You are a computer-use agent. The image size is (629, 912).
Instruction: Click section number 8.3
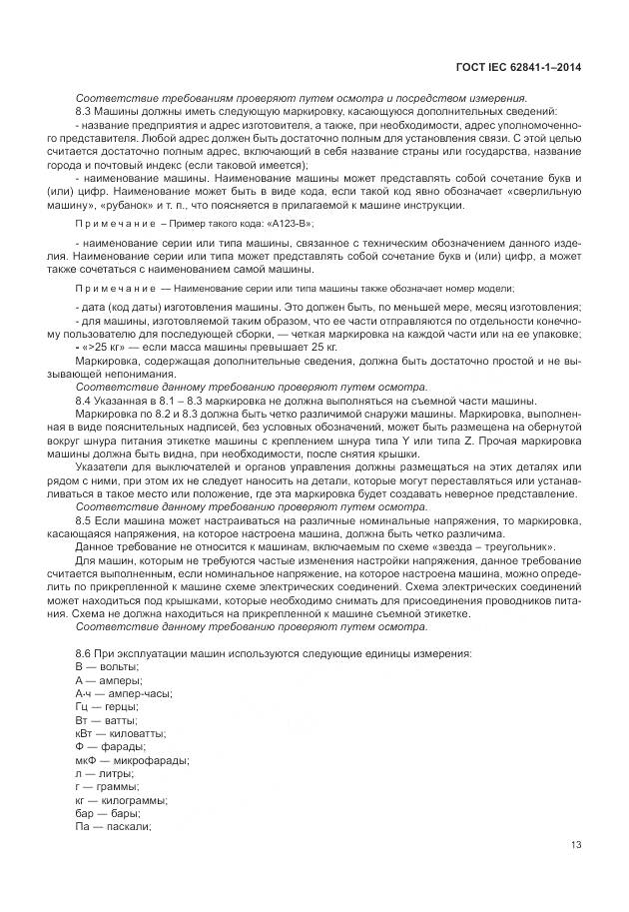point(84,111)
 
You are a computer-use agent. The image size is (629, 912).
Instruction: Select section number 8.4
point(84,399)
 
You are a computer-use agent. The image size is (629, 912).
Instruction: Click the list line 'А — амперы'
point(109,679)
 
